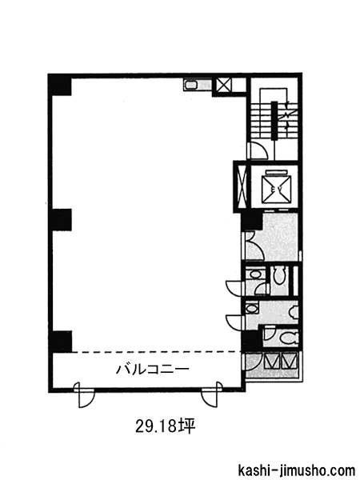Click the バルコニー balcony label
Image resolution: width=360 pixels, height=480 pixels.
point(153,369)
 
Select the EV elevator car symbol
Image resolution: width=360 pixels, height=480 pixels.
point(277,190)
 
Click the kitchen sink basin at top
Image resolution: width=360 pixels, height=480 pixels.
point(192,85)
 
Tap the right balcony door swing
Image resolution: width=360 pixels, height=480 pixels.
point(212,394)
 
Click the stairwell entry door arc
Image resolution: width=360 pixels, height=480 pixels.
point(258,150)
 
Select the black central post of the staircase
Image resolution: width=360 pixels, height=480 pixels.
point(274,121)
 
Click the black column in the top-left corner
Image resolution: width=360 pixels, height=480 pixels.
point(60,87)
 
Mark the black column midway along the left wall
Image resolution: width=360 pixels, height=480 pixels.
point(62,219)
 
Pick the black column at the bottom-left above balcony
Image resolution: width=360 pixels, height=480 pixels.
point(62,342)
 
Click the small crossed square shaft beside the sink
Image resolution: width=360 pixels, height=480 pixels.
point(223,85)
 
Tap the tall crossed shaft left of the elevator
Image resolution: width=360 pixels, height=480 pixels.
point(241,186)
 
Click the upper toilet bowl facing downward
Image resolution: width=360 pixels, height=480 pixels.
point(279,274)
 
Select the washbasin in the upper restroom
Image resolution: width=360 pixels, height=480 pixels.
point(253,273)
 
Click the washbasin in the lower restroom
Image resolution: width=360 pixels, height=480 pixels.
point(252,309)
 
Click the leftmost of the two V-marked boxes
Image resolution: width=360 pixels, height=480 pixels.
point(272,361)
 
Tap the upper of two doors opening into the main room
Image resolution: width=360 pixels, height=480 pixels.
point(234,288)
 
